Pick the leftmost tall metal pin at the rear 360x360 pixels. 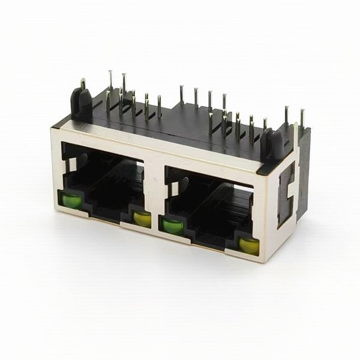click(111, 84)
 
